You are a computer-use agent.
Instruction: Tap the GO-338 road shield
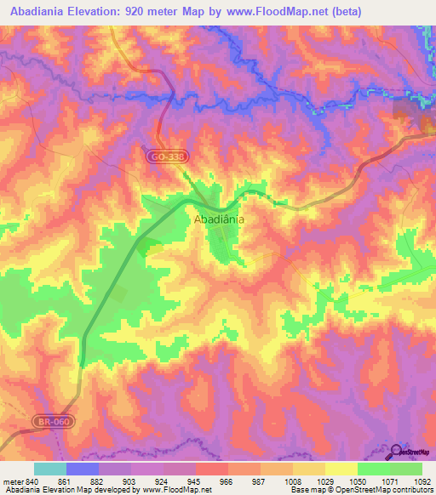click(159, 157)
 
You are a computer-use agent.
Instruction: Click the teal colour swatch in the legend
click(50, 469)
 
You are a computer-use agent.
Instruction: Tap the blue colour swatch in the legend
click(83, 469)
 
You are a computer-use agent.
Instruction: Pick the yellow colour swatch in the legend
click(341, 469)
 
